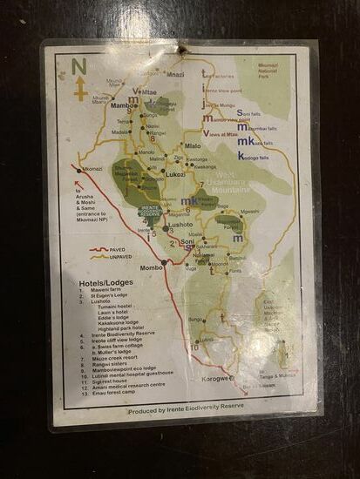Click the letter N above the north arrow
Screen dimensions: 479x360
point(78,66)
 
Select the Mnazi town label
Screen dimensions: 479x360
point(174,75)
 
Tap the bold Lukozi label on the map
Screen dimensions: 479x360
point(175,174)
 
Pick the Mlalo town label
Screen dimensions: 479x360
point(192,145)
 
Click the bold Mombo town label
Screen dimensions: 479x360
point(152,266)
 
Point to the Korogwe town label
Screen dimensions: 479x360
point(219,378)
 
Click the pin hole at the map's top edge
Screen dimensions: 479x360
point(182,50)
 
